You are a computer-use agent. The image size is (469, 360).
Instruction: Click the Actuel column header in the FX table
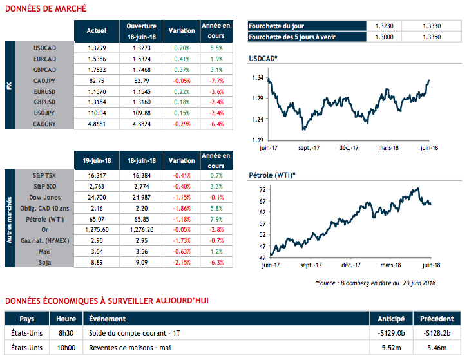click(97, 30)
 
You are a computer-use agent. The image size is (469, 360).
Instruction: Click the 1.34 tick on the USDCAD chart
click(258, 78)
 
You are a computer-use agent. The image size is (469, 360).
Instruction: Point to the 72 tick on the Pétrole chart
click(262, 191)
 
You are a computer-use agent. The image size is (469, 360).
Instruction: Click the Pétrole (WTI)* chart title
click(272, 175)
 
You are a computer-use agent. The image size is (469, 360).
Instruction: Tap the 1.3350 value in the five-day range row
click(432, 37)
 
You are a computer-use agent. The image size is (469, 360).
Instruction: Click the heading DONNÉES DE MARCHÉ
click(45, 8)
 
